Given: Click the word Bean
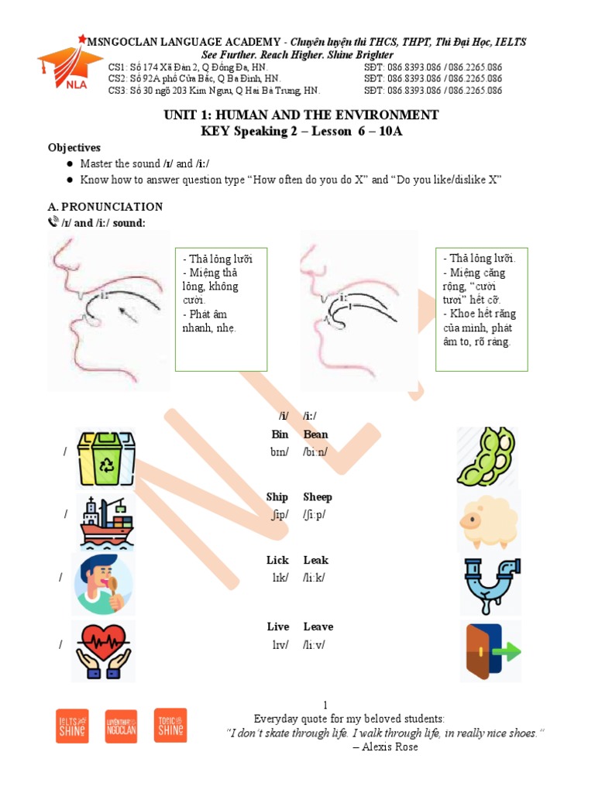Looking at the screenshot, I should tap(315, 434).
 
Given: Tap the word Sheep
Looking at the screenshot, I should tap(318, 497).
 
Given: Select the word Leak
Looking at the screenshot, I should tap(315, 560).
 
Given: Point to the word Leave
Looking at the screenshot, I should tap(318, 627).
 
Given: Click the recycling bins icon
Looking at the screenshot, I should tap(106, 457).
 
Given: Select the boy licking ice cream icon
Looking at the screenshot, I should tap(104, 584).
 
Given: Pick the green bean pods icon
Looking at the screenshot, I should tap(488, 456).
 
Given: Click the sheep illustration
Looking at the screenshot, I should tap(489, 520).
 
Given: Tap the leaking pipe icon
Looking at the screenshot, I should tap(490, 585).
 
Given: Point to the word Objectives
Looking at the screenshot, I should tap(74, 147).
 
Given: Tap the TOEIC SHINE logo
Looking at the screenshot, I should tap(170, 726).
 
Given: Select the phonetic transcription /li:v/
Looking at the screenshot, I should tap(315, 645).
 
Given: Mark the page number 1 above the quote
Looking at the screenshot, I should tap(325, 704).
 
